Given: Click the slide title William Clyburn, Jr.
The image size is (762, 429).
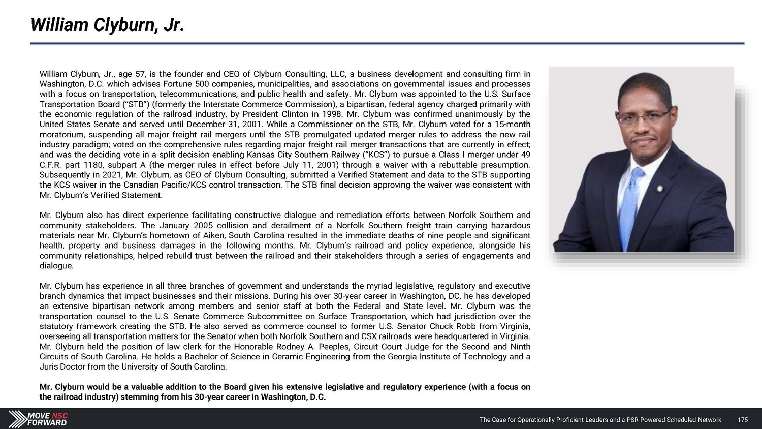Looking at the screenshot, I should click(107, 25).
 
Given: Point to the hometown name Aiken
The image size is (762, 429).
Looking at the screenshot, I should click(214, 235).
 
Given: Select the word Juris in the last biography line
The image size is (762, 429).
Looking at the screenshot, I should click(49, 367).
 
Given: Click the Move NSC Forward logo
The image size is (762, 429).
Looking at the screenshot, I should click(38, 419).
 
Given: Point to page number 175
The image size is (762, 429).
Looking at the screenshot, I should click(743, 420).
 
